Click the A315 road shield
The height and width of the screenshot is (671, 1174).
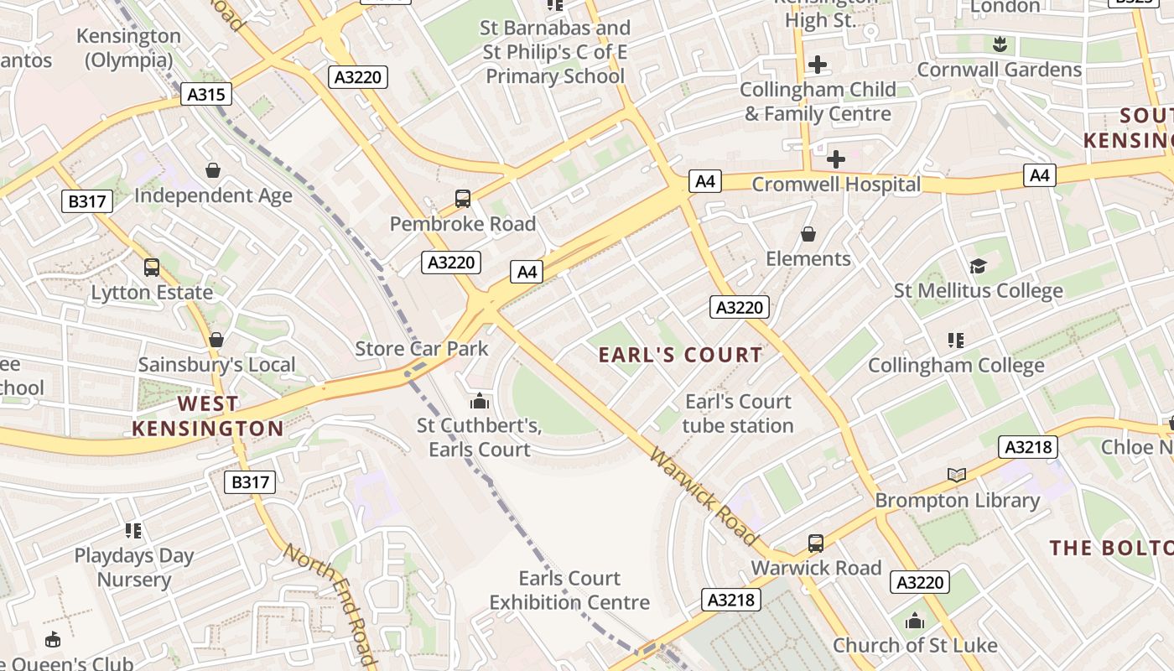click(x=205, y=94)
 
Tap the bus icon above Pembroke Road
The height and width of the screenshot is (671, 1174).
click(x=463, y=199)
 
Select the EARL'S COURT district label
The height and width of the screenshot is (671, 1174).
click(x=680, y=355)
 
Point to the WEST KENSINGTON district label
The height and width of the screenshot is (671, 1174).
click(x=208, y=416)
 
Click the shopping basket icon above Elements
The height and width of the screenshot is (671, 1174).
click(x=808, y=234)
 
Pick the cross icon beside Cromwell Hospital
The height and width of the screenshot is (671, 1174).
click(x=836, y=159)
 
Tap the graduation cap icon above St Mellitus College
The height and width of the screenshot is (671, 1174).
click(x=978, y=267)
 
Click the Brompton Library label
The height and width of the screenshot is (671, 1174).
click(x=957, y=501)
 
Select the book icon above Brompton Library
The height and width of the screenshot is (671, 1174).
click(x=957, y=476)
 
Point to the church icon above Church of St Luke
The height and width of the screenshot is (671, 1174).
click(x=915, y=622)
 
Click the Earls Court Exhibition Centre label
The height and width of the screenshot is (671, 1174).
click(x=569, y=590)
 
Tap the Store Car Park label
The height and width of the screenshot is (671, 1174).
click(x=422, y=349)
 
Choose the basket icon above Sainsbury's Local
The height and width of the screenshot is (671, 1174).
click(x=216, y=340)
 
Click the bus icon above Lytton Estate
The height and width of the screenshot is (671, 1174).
click(x=152, y=268)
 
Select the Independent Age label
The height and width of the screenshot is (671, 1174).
click(x=213, y=195)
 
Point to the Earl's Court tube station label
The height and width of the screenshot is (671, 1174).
click(x=738, y=414)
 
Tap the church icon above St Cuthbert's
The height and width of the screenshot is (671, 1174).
click(x=480, y=401)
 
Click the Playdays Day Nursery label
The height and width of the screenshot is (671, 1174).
click(x=134, y=567)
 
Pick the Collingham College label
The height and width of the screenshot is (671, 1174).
click(x=956, y=366)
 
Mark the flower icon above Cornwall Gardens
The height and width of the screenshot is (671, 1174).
click(x=999, y=43)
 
